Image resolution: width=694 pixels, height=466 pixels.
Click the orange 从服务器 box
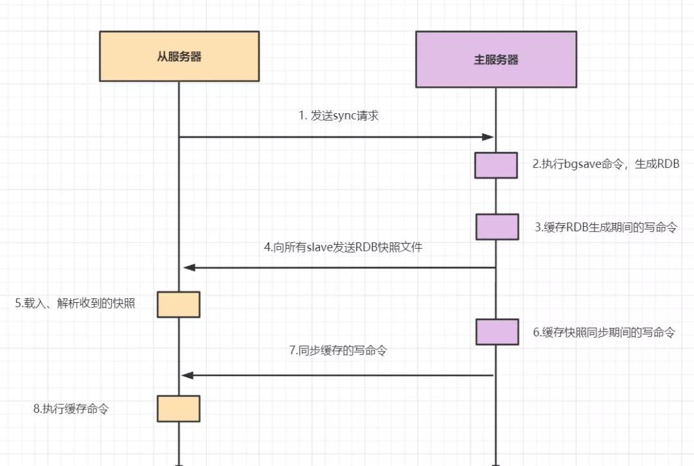(179, 57)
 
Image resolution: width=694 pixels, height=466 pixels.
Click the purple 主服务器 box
(495, 60)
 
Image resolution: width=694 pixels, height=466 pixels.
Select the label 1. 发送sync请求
(339, 116)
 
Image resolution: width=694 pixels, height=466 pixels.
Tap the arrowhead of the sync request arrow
(488, 137)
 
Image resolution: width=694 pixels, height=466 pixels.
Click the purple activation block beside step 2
(496, 165)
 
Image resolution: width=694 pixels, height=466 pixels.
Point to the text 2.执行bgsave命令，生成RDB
(606, 164)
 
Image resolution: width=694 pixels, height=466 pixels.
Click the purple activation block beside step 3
(497, 227)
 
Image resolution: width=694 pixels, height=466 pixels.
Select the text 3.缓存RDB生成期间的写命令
(606, 227)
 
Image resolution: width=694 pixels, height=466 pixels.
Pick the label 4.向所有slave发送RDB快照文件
(343, 247)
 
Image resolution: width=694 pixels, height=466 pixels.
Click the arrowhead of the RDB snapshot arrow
(188, 267)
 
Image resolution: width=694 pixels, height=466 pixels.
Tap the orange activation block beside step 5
(179, 304)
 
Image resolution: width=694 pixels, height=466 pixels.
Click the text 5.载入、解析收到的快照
(75, 303)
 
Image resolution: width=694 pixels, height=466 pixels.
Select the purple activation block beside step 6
(497, 332)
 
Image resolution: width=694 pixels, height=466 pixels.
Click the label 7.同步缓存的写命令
(338, 351)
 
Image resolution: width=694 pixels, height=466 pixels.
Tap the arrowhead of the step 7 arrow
(187, 375)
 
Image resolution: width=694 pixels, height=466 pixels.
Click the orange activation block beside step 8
(179, 408)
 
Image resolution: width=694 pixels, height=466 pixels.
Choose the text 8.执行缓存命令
(71, 408)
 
